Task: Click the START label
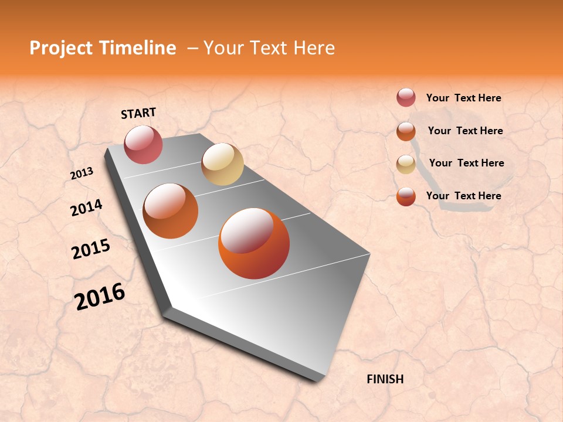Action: [138, 113]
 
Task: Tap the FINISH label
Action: [385, 379]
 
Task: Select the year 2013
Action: [82, 173]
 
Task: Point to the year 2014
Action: [86, 207]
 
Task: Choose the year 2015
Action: [91, 249]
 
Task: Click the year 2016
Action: [100, 296]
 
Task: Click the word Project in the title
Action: [60, 48]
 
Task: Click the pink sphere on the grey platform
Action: [143, 144]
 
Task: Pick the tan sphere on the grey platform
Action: [222, 164]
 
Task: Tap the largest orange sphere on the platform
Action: [254, 243]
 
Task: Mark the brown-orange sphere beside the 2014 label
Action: [171, 211]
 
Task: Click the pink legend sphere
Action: [406, 97]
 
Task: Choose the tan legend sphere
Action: [406, 164]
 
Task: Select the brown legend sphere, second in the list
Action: [406, 131]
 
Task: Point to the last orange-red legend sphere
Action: [406, 197]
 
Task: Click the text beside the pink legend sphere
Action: [463, 98]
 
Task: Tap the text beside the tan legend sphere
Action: [466, 163]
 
